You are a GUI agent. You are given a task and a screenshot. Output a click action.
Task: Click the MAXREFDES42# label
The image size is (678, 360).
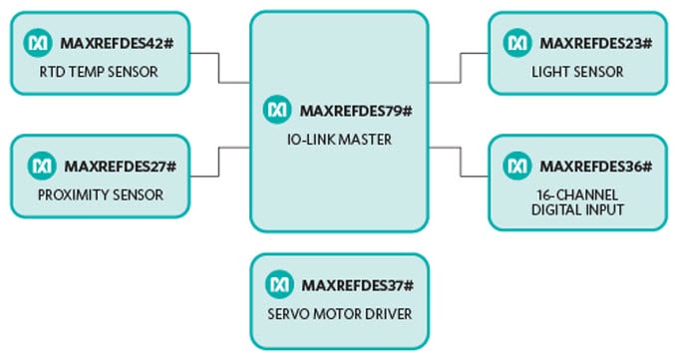pos(118,44)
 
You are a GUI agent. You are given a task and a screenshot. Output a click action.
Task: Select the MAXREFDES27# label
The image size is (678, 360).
pos(120,166)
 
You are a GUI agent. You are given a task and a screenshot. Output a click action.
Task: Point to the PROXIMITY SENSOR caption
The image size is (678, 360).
pos(101,193)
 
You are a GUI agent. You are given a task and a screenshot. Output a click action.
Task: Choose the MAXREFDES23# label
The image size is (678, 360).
pos(595,44)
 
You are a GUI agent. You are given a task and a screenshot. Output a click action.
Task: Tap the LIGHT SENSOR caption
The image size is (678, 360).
pos(577,72)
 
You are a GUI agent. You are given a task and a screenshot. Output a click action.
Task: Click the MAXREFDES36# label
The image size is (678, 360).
pos(595,166)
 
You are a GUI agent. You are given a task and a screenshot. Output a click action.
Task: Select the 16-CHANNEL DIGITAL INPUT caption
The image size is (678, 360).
pos(576,202)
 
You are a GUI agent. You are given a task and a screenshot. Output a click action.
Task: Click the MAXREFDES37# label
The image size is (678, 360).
pos(357,285)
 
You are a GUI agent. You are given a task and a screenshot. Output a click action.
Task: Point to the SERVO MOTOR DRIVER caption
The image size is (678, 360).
pos(339,314)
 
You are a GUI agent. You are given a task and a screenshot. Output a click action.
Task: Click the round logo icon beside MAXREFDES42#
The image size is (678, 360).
pos(41,43)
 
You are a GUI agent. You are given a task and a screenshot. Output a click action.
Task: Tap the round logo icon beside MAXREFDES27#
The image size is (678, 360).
pos(43,166)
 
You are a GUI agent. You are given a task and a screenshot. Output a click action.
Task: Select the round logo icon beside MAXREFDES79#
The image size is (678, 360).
pos(278,107)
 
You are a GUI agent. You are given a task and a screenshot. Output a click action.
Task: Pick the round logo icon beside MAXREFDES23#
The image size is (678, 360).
pos(517,43)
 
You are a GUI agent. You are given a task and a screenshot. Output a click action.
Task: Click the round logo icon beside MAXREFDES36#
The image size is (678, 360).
pos(517,166)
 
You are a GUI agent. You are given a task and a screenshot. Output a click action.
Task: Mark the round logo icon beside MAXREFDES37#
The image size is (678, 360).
pos(279,285)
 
